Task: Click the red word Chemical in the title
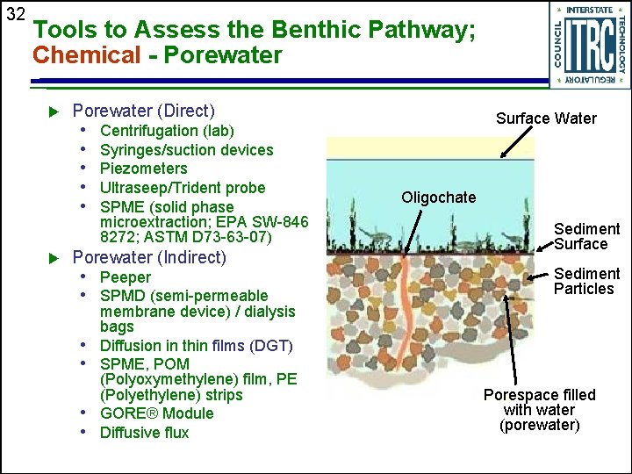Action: (x=86, y=55)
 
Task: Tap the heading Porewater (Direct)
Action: (x=143, y=111)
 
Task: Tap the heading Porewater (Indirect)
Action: (x=148, y=257)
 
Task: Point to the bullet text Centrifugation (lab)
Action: (x=167, y=131)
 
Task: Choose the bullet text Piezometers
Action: (x=144, y=168)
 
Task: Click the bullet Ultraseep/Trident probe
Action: (x=183, y=187)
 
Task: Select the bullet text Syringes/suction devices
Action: (x=187, y=149)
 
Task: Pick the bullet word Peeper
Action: (x=126, y=277)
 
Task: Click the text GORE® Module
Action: (x=156, y=413)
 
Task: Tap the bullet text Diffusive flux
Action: (x=144, y=433)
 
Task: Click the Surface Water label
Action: (x=546, y=118)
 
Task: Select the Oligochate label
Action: (x=438, y=197)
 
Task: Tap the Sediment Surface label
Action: (x=586, y=236)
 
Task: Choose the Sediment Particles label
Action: (x=586, y=281)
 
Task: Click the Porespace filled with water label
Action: (x=539, y=410)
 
